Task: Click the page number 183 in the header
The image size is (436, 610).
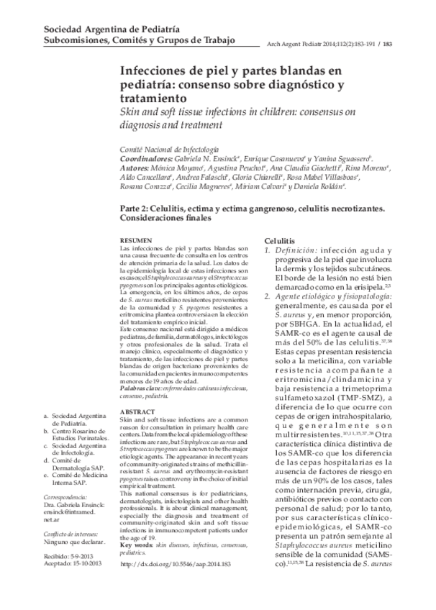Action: (x=388, y=42)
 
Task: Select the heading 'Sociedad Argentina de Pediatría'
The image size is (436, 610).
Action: (x=112, y=27)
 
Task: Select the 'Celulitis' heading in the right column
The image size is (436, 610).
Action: (x=279, y=239)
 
